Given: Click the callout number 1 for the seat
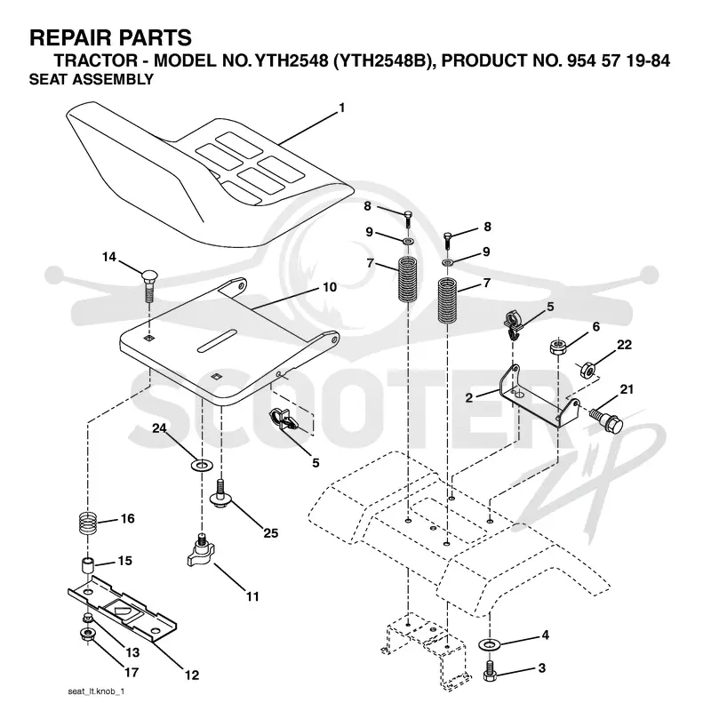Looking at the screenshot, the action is tap(342, 108).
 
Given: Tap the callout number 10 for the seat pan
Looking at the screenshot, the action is tap(330, 287).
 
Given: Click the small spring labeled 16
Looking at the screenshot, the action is tap(88, 522).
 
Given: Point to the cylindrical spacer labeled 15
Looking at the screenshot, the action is tap(89, 566).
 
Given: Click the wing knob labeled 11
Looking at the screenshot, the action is tap(201, 551).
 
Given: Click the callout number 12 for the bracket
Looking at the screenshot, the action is tap(192, 675).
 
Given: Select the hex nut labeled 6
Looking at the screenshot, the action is tap(557, 347).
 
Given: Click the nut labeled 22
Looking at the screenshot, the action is tap(587, 370).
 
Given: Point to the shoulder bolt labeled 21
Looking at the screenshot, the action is tap(607, 419).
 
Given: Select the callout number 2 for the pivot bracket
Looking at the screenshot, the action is tap(469, 398).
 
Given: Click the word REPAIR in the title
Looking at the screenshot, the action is tap(65, 37).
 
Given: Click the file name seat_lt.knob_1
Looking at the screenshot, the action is tap(96, 691).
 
